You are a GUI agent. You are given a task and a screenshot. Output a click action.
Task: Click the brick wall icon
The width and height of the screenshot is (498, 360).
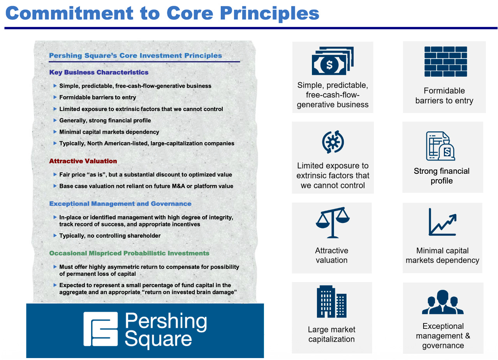pyautogui.click(x=445, y=62)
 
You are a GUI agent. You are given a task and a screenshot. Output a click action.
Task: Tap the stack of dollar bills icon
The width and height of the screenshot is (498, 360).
pyautogui.click(x=332, y=61)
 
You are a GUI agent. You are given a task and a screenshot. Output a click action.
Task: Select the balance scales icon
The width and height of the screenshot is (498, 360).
pyautogui.click(x=332, y=222)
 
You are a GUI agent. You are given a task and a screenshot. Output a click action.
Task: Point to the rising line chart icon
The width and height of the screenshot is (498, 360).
pyautogui.click(x=442, y=222)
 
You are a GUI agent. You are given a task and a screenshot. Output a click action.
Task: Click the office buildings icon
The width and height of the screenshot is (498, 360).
pyautogui.click(x=331, y=302)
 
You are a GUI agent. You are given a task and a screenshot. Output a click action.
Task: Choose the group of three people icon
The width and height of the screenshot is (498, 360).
pyautogui.click(x=443, y=302)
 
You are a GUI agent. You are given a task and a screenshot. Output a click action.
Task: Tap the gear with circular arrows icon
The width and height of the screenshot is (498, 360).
pyautogui.click(x=333, y=142)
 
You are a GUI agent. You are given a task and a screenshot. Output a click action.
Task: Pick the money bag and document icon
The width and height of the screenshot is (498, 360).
pyautogui.click(x=440, y=146)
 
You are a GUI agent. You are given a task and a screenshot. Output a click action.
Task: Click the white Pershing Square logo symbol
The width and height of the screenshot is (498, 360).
pyautogui.click(x=100, y=329)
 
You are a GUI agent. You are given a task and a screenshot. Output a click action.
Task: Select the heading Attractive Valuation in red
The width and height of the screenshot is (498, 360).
pyautogui.click(x=83, y=161)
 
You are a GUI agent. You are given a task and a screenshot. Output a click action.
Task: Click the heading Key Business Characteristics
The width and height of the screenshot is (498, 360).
pyautogui.click(x=99, y=72)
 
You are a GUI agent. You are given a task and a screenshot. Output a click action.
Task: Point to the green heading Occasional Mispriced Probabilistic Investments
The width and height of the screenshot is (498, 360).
pyautogui.click(x=129, y=253)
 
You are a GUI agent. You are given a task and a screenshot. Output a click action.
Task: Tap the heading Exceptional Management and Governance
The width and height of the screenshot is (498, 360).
pyautogui.click(x=120, y=204)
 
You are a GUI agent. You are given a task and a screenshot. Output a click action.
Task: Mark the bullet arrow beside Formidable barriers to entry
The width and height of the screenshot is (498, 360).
pyautogui.click(x=55, y=97)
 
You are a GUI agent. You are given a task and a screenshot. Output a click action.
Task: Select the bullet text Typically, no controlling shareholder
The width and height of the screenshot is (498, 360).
pyautogui.click(x=110, y=236)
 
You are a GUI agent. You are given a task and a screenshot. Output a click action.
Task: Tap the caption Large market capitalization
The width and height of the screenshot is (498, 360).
pyautogui.click(x=331, y=334)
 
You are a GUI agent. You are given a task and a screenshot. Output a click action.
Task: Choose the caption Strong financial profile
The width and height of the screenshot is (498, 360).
pyautogui.click(x=442, y=176)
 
